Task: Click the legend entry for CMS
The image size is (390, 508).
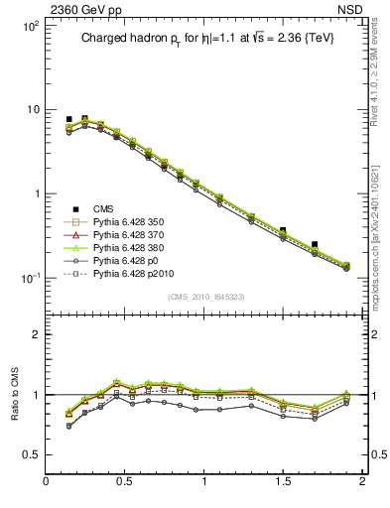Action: pos(103,208)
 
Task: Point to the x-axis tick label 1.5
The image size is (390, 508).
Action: pos(283,481)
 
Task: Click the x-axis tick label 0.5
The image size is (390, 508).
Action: pos(125,481)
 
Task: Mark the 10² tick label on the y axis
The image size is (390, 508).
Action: pos(30,26)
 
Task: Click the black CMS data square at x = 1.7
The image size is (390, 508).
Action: pos(315,244)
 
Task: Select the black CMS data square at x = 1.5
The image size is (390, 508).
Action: pos(283,230)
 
